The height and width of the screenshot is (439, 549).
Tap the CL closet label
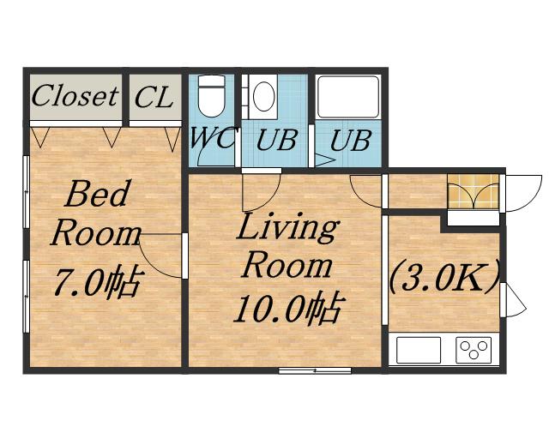tap(154, 97)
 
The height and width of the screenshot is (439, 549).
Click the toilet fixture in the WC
tap(212, 96)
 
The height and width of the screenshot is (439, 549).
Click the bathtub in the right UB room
tap(349, 97)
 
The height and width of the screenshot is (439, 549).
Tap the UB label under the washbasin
tap(276, 140)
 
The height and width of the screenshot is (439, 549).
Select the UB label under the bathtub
tap(350, 141)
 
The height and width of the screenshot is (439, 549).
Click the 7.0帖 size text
tap(99, 282)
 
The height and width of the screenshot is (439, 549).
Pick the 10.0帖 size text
tap(289, 308)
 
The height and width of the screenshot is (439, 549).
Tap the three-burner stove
tap(474, 350)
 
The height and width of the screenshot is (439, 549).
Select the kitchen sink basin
tap(419, 350)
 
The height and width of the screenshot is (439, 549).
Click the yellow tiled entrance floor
tap(474, 192)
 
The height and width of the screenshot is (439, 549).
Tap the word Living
tap(288, 228)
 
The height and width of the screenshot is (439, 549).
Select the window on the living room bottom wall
tap(315, 370)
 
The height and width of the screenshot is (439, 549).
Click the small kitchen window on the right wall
tap(503, 299)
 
